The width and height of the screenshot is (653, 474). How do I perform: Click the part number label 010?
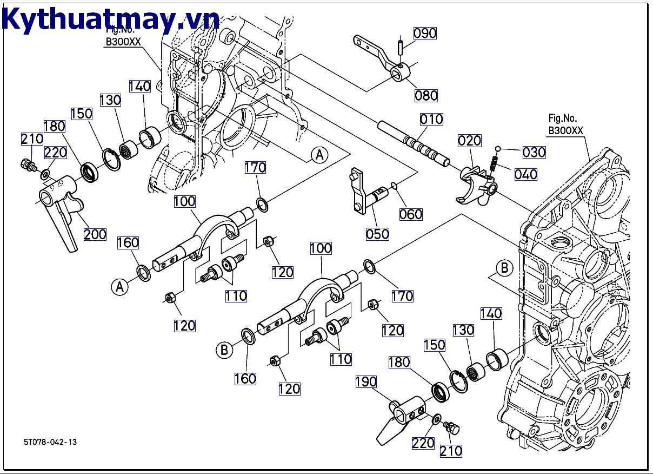click(x=431, y=119)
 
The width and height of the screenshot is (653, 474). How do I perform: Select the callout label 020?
click(x=469, y=141)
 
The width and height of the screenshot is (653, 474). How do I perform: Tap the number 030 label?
click(x=534, y=152)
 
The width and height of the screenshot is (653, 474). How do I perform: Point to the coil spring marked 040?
click(x=494, y=163)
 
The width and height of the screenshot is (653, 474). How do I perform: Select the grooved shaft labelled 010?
click(x=413, y=143)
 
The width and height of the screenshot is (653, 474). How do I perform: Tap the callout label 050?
click(x=377, y=234)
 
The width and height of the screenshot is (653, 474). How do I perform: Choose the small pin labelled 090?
click(x=401, y=45)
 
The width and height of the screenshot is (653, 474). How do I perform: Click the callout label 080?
click(x=426, y=96)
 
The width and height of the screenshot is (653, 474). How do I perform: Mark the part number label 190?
click(x=365, y=382)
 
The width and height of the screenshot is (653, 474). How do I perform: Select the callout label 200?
click(x=95, y=234)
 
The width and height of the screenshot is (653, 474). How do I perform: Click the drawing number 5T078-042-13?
click(x=50, y=442)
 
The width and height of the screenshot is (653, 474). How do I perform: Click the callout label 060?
click(x=411, y=214)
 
